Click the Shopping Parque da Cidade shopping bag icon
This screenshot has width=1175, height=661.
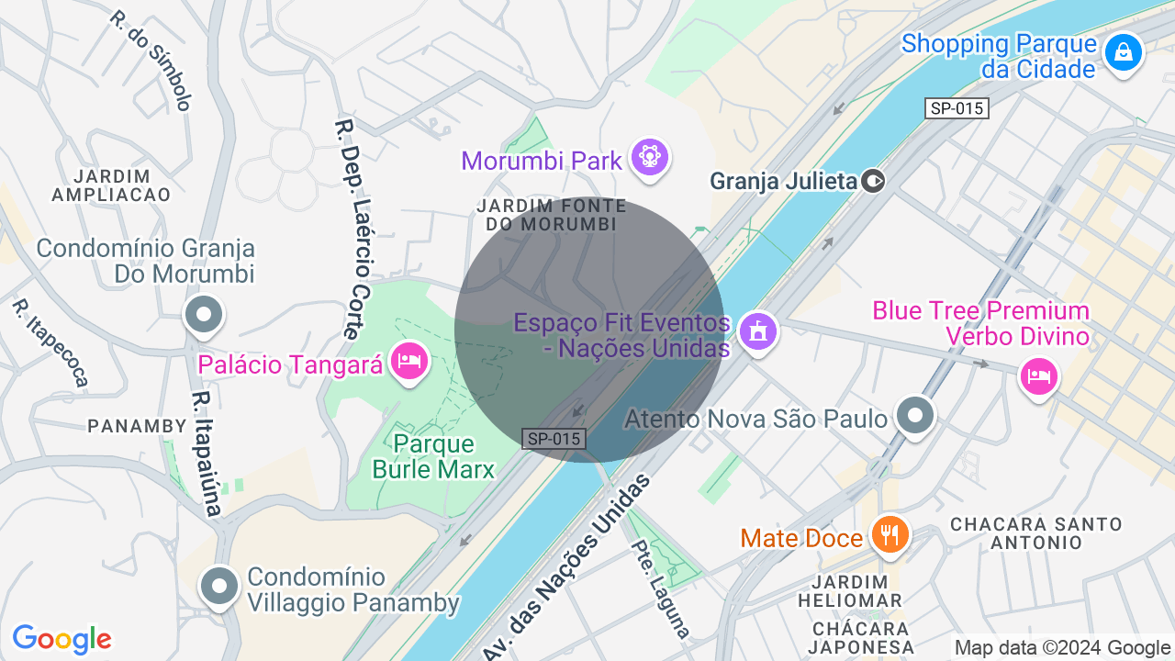pos(1123,52)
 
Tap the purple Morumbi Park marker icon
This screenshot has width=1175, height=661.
pos(650,158)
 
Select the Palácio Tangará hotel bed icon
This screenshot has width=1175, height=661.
pos(408,360)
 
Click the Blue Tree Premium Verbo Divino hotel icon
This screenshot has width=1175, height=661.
pos(1038,375)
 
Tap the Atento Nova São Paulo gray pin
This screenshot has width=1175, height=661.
pos(914,416)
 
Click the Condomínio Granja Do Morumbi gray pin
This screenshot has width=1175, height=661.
pos(204,315)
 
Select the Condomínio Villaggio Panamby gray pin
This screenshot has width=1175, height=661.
pos(219,585)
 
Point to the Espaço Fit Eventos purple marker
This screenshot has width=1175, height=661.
pos(756,330)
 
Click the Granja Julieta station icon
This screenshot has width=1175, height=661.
pos(874,181)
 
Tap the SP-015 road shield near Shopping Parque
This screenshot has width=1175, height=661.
pos(957,108)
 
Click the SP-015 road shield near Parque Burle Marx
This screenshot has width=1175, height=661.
pos(554,439)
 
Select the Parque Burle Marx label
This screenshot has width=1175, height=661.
pos(434,457)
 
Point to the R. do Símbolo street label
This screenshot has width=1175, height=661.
pos(151,60)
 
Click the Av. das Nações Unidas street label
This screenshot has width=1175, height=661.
pos(566,566)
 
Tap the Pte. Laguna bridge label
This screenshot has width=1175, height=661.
pos(660,588)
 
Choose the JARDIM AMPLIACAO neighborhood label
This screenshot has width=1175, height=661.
pos(112,185)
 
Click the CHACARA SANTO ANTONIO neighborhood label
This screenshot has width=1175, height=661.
pos(1036,532)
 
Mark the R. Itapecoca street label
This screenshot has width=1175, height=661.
pos(50,342)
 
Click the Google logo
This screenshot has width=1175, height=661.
pos(62,639)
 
